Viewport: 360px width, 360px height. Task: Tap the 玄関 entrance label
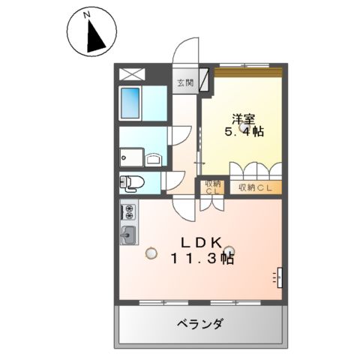click(184, 83)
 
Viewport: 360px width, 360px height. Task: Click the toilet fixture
click(133, 181)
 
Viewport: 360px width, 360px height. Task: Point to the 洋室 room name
click(241, 118)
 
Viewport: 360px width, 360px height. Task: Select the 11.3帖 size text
click(202, 259)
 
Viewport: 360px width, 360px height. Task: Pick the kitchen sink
click(128, 234)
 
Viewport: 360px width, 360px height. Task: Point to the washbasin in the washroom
click(152, 159)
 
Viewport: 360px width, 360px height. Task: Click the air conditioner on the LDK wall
click(278, 277)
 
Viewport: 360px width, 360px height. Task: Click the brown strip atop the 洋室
click(247, 72)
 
